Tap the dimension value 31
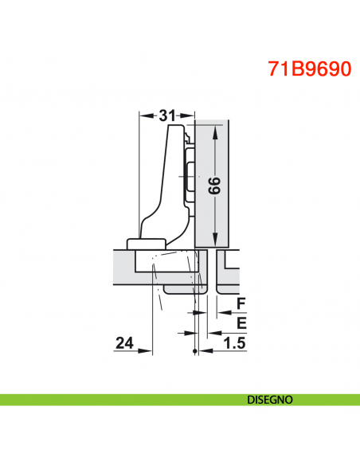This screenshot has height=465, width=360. pos(166,115)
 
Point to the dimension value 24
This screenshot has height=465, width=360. pos(124,343)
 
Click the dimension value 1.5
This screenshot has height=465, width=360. pos(233,343)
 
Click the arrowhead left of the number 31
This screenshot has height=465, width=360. pos(143,116)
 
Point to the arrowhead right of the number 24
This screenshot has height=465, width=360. pos(149,350)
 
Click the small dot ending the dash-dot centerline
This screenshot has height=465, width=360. pos(195,351)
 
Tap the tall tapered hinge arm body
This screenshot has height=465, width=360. pos(171,183)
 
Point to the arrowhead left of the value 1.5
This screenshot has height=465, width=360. pos(205,350)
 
